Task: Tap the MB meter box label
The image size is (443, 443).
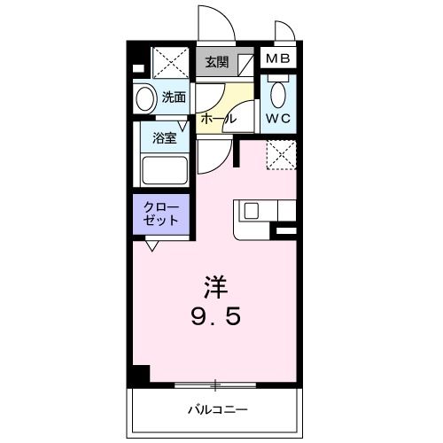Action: coord(281,60)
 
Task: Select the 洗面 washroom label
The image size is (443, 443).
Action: coord(174,97)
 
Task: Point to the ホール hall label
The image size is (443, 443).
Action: coord(218,118)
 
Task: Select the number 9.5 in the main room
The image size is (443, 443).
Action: coord(217,316)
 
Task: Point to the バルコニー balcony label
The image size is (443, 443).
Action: coord(215,409)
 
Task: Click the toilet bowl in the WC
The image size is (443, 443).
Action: coord(279,92)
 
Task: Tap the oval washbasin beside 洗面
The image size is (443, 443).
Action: coord(144,97)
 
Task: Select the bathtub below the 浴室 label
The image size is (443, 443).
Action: coord(164,170)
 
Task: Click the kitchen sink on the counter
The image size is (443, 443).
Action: coord(251,211)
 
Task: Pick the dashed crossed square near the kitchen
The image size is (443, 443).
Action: coord(281,154)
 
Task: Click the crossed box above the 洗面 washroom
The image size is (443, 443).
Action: coord(169,63)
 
